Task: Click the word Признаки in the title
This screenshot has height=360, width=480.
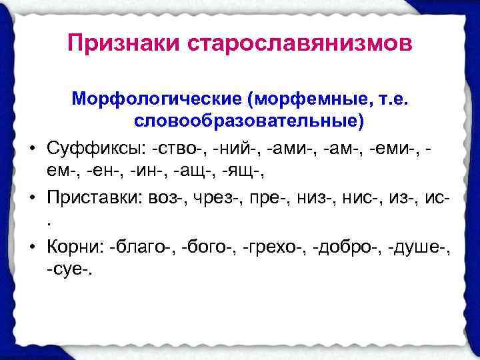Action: pos(126,45)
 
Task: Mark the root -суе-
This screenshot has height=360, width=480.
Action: pos(71,271)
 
